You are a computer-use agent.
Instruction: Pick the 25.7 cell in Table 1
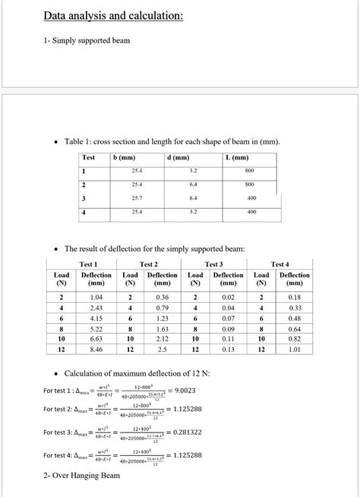(x=137, y=198)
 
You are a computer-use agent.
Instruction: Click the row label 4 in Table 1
(x=84, y=212)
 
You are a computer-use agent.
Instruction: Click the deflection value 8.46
(x=96, y=351)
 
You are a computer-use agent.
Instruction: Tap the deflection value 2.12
(x=162, y=340)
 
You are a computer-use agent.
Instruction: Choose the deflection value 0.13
(x=228, y=351)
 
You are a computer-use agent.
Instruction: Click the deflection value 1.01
(x=295, y=351)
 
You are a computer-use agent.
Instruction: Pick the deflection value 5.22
(x=96, y=329)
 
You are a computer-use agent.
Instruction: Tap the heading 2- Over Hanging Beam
(x=82, y=476)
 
